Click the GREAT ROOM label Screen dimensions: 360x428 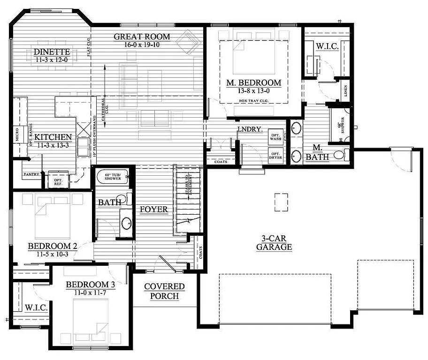click(x=142, y=37)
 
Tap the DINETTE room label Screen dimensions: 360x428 click(x=52, y=52)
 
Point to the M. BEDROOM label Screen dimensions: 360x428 click(x=253, y=83)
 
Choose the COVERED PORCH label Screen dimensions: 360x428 click(x=164, y=291)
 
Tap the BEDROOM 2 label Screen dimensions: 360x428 click(x=52, y=246)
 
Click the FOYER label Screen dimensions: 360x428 click(x=153, y=209)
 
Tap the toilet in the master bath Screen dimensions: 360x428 click(x=340, y=155)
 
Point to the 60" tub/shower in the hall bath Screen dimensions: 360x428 click(x=113, y=177)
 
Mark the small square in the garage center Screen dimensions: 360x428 click(x=281, y=199)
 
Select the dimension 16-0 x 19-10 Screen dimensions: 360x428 click(x=142, y=45)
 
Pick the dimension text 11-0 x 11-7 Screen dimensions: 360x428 click(x=90, y=292)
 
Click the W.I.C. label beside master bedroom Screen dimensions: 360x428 click(x=325, y=46)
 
